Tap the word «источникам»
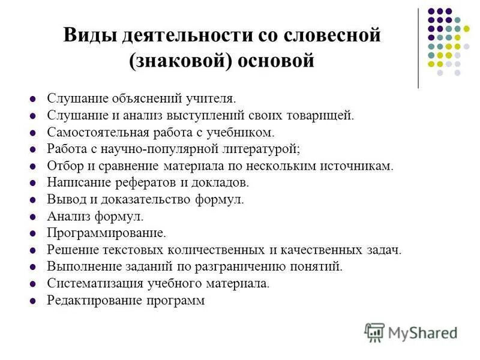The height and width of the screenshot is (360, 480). pos(358,166)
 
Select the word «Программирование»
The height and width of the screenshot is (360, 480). pos(107,233)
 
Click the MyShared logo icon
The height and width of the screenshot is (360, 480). pos(375,331)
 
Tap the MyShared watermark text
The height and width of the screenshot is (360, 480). pos(422,332)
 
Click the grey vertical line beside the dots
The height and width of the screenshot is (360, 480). pos(418,48)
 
